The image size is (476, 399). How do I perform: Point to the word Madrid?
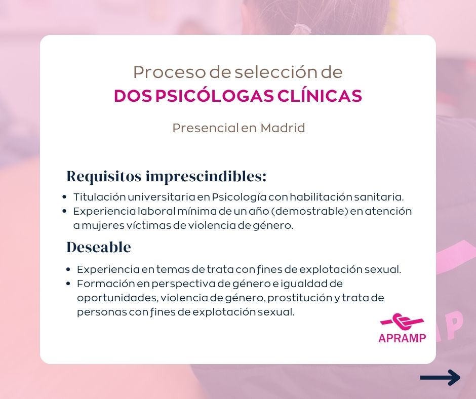(x=283, y=128)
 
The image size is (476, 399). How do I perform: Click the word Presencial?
(x=206, y=128)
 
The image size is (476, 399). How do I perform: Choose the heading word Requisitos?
(x=104, y=176)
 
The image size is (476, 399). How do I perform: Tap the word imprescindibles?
(x=206, y=177)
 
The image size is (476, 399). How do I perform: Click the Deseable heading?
(x=99, y=247)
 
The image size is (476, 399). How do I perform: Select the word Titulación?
(x=100, y=197)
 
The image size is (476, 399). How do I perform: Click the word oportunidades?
(x=118, y=298)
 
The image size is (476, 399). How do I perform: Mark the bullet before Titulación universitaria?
(x=64, y=197)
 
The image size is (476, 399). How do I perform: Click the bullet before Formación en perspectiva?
(x=68, y=284)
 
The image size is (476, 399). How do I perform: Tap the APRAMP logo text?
(x=402, y=338)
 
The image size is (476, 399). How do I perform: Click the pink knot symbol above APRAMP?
(x=402, y=322)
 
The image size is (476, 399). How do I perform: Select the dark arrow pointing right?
(x=440, y=377)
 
